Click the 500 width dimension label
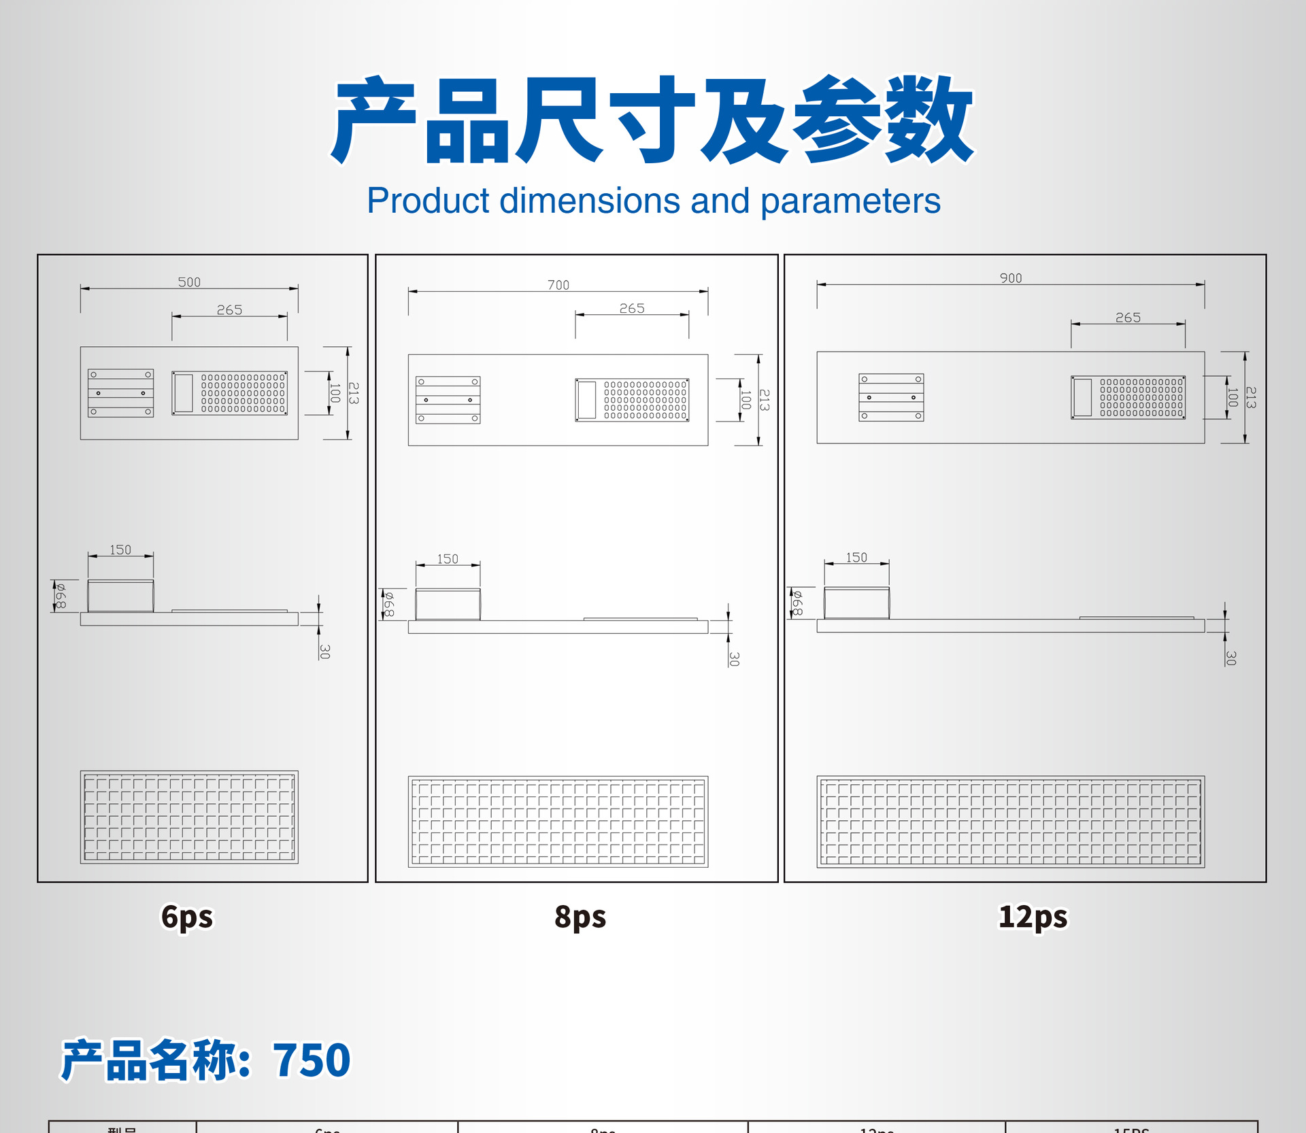click(x=189, y=282)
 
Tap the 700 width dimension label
click(x=558, y=285)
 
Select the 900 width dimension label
click(x=1011, y=278)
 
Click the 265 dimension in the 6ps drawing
click(x=229, y=310)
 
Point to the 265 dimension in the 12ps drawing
click(x=1128, y=318)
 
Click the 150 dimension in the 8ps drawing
click(x=448, y=559)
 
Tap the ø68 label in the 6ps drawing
click(x=61, y=596)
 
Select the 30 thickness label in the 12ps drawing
click(x=1230, y=658)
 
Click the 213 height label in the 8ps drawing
click(x=765, y=400)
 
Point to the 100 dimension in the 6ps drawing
click(x=335, y=393)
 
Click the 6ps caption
click(x=187, y=917)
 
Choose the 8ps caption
click(x=580, y=917)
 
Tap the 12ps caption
click(x=1033, y=917)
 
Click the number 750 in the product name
click(x=312, y=1060)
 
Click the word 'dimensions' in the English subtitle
click(x=590, y=201)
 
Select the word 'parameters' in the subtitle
click(x=850, y=201)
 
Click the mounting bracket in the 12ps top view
click(x=891, y=397)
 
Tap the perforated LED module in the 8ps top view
click(x=632, y=400)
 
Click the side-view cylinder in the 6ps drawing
click(x=120, y=596)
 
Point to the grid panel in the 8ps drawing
click(x=558, y=822)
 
